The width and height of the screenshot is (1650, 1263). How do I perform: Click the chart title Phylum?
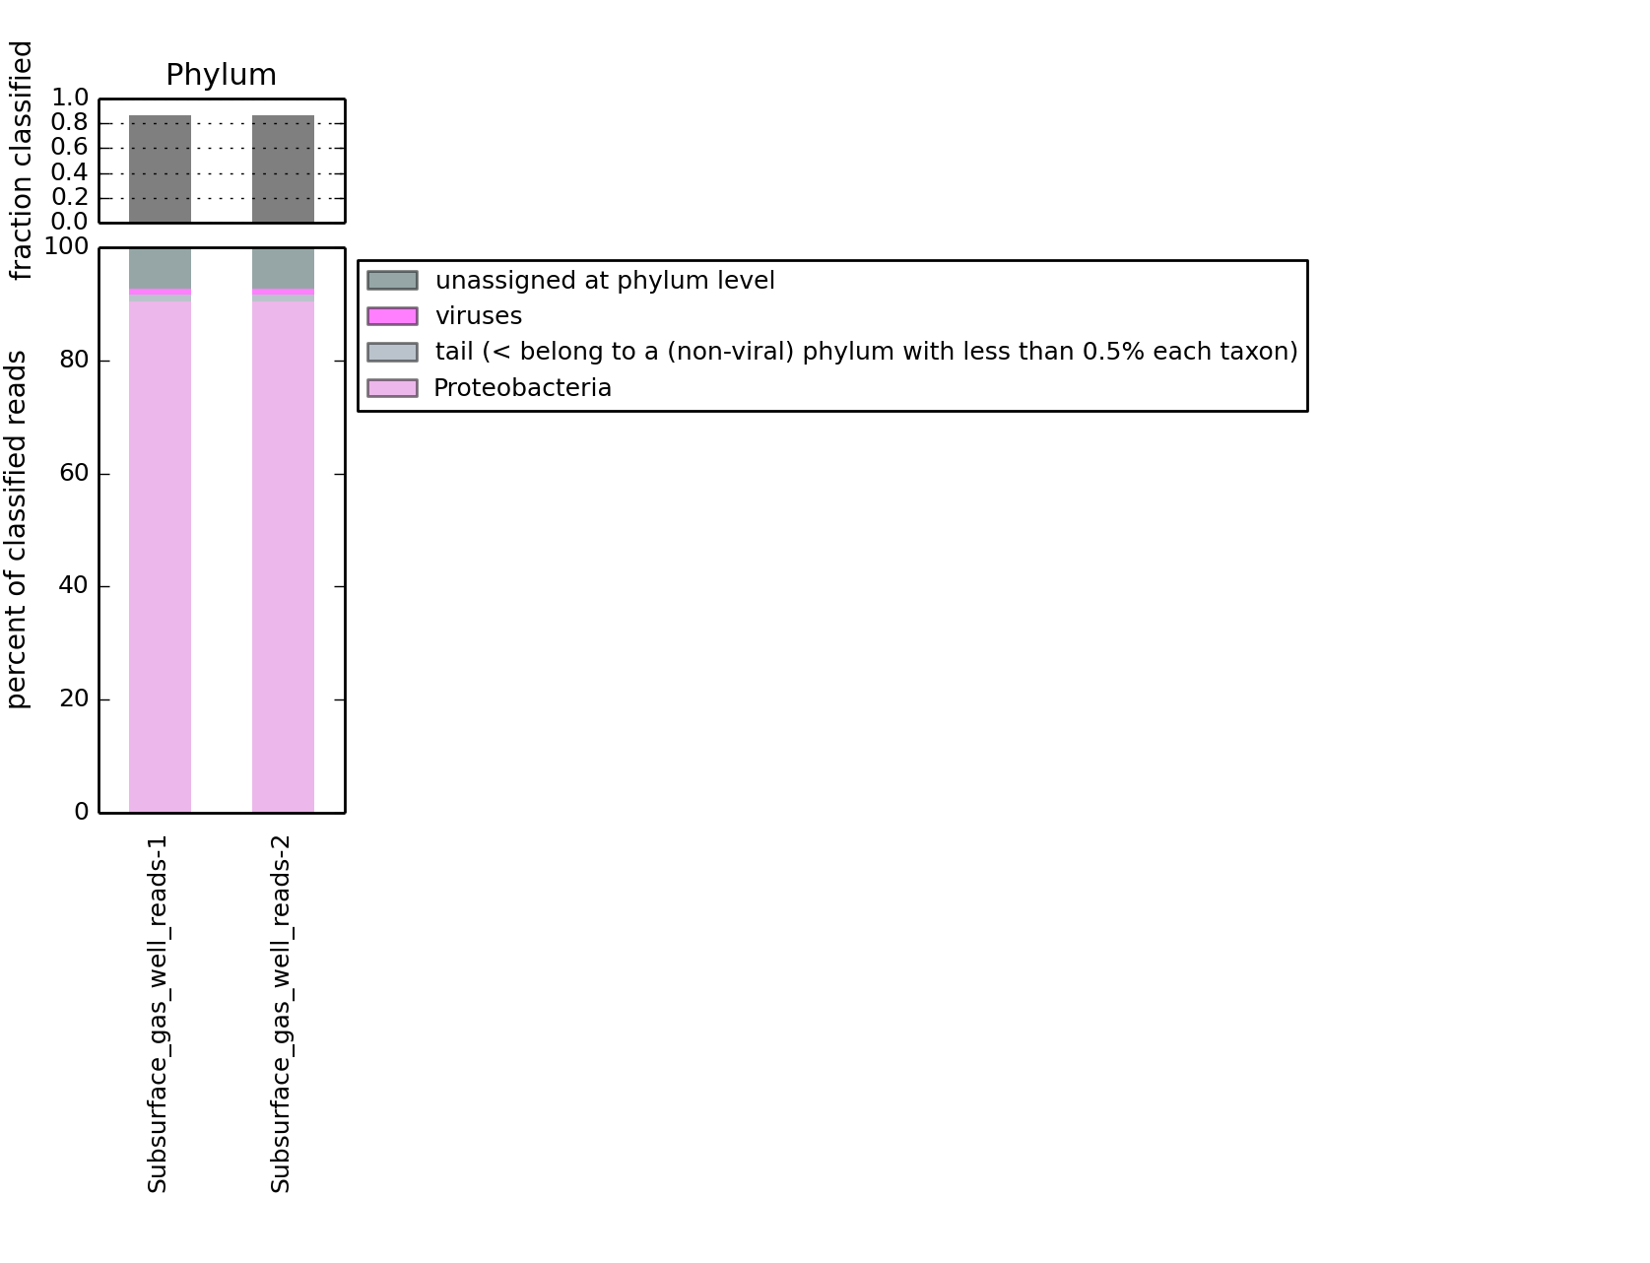(221, 75)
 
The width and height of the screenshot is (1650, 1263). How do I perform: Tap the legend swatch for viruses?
(392, 316)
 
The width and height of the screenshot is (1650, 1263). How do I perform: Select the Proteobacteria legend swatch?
(392, 388)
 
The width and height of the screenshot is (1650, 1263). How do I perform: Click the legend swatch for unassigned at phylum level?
(392, 281)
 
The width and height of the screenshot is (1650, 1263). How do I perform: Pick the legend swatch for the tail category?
(392, 352)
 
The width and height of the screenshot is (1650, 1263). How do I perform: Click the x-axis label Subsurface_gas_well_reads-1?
(158, 1014)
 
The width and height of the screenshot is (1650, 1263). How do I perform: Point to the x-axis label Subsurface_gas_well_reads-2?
(281, 1014)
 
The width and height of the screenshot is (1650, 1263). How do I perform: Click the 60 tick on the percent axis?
(74, 474)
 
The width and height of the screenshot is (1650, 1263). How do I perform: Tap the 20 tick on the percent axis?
(74, 699)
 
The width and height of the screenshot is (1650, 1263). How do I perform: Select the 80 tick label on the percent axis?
(74, 361)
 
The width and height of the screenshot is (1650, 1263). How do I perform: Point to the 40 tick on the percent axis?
(74, 586)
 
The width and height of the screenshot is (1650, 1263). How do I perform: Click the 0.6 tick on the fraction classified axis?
(70, 148)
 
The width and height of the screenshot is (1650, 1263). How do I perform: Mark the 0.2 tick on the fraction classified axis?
(70, 197)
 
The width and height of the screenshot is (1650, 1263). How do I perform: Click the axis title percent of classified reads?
(18, 529)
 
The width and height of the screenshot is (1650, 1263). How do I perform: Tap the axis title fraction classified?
(20, 161)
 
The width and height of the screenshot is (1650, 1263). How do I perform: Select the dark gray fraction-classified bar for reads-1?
(160, 168)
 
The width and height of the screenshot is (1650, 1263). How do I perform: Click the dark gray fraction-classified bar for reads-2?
(283, 168)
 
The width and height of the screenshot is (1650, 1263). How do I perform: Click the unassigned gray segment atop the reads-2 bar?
(283, 268)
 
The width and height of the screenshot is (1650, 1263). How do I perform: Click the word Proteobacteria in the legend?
(522, 388)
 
